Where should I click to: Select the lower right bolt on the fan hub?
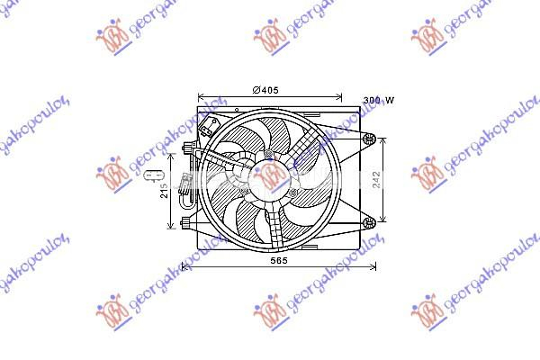(294, 192)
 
